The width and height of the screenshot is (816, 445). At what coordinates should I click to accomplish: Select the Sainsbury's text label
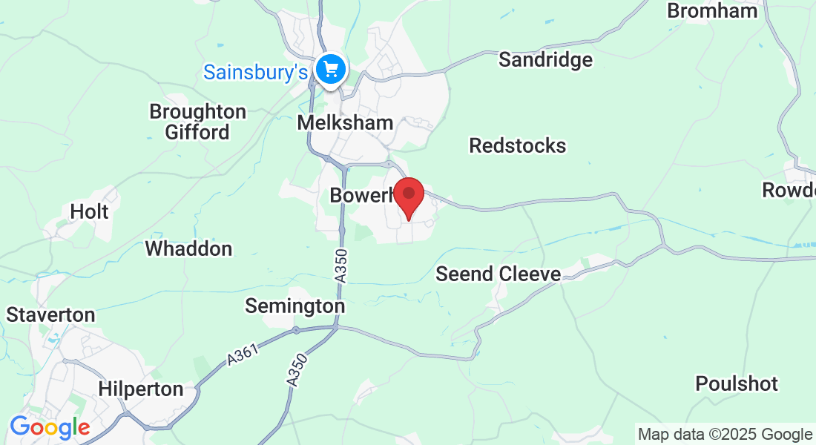point(255,73)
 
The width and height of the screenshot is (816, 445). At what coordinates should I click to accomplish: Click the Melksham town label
point(345,123)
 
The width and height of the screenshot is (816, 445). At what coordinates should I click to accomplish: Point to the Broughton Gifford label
point(197,122)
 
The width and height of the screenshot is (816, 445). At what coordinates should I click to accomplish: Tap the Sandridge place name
point(545,60)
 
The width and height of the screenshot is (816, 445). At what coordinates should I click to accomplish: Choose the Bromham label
point(712,11)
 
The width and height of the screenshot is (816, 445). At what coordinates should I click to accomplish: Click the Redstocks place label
point(517,145)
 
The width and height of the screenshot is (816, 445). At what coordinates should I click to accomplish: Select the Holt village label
point(89,212)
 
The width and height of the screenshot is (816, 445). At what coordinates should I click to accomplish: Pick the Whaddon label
point(188,248)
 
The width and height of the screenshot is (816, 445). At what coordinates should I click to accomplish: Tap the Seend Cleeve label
point(498,274)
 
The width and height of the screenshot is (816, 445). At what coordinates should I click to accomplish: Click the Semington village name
point(295,306)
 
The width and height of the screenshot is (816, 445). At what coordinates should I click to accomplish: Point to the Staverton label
point(50,315)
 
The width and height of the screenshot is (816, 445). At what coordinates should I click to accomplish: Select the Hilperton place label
point(140,389)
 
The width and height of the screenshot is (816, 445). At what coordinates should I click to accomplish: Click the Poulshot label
point(736,384)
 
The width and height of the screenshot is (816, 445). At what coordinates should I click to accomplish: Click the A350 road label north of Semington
point(340,265)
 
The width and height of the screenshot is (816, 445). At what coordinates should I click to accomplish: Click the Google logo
point(50,428)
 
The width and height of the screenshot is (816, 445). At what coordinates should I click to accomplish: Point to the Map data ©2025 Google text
point(725,434)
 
